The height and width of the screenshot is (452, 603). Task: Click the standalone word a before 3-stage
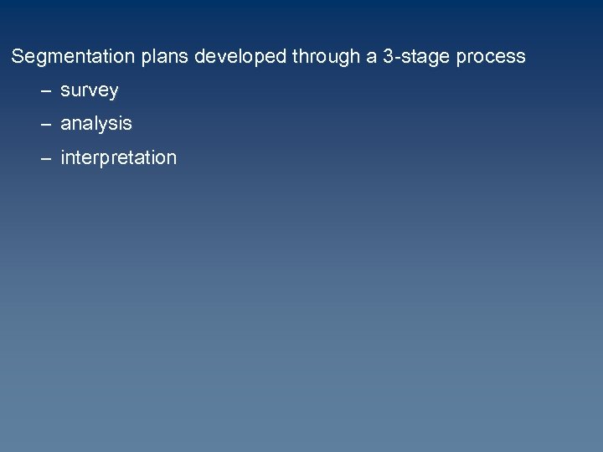pos(371,57)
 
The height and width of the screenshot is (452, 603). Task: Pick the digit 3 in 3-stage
pos(387,57)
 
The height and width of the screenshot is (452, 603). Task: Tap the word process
pos(489,57)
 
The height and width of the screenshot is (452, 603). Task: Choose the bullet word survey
pos(89,90)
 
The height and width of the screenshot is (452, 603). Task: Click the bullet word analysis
pos(95,124)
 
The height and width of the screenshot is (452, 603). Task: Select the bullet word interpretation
pos(118,157)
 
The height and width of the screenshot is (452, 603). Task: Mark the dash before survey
pos(44,90)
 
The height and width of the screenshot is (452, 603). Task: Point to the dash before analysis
pos(44,124)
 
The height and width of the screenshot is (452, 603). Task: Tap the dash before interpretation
pos(44,157)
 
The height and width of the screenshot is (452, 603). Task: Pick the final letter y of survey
pos(113,92)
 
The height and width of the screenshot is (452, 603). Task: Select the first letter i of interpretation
pos(63,157)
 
